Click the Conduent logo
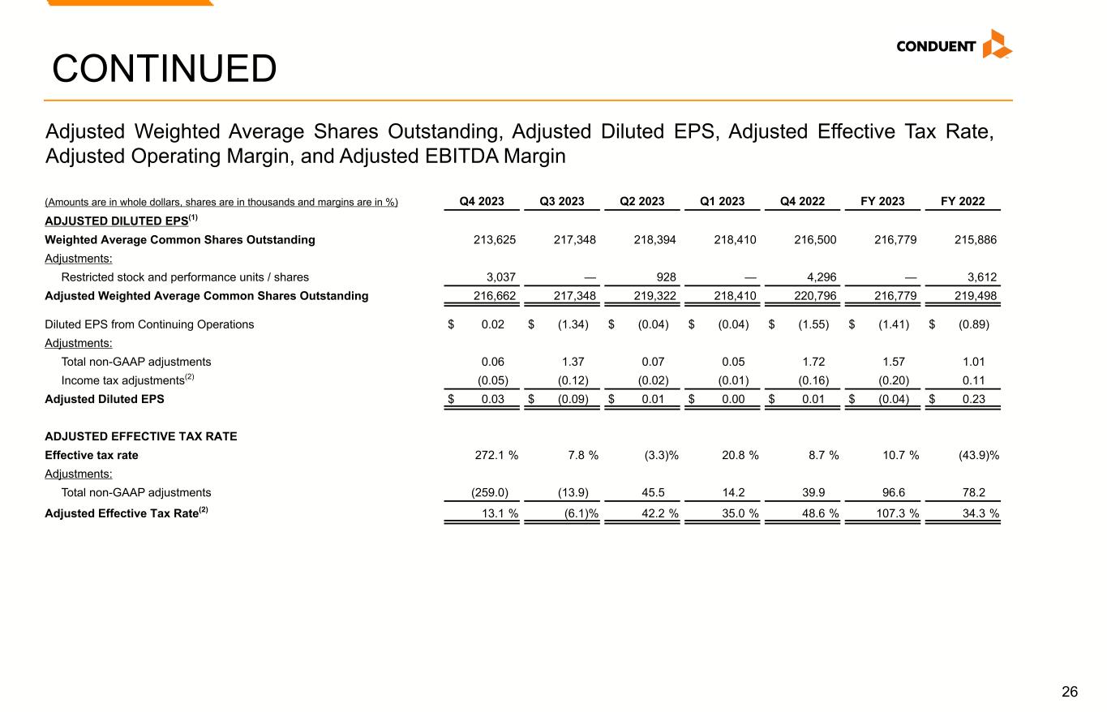coord(954,45)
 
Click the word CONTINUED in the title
coord(164,69)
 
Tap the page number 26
coord(1070,692)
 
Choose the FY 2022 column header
coord(963,202)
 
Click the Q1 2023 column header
coord(723,202)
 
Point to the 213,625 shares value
coord(495,240)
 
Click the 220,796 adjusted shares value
coord(815,296)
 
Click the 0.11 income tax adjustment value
coord(975,380)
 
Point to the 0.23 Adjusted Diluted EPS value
coord(975,399)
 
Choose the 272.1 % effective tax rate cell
coord(496,455)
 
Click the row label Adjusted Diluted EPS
coord(104,399)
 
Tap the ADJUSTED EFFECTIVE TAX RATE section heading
coord(141,436)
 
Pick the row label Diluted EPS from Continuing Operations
coord(149,324)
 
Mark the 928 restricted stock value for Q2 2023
coord(667,277)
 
